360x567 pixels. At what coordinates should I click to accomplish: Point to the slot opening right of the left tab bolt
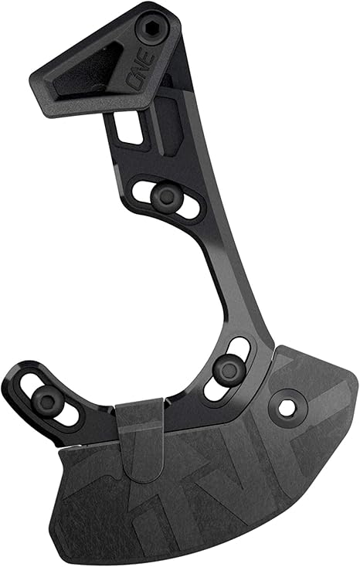[x=70, y=414]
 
